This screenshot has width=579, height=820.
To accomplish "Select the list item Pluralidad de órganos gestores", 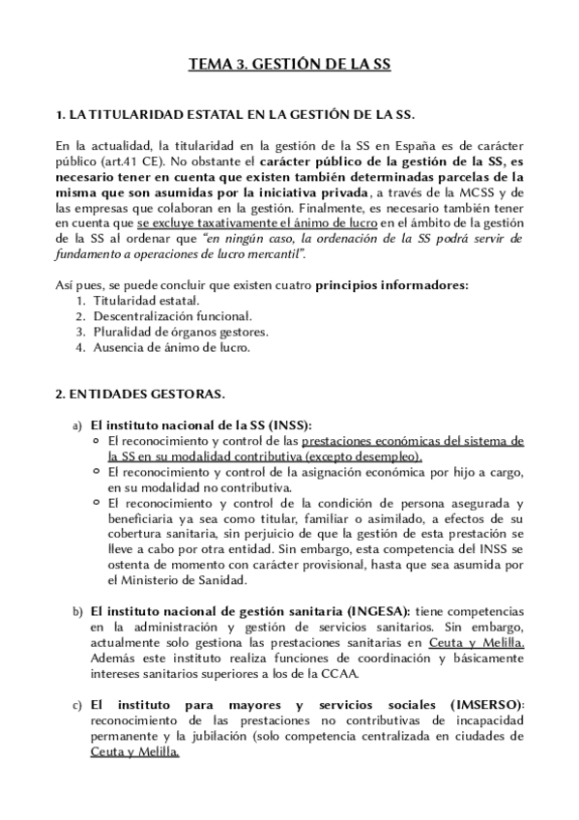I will click(x=180, y=332).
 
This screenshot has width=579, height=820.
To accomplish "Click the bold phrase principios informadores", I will click(x=391, y=285).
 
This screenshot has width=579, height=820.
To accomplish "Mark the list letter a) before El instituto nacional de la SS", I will click(x=77, y=426).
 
